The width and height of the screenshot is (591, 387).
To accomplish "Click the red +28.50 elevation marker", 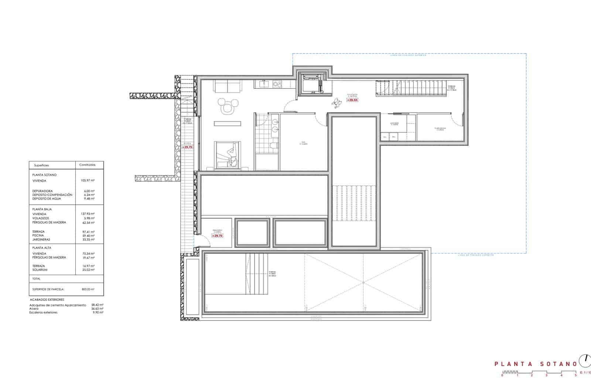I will [x=352, y=100].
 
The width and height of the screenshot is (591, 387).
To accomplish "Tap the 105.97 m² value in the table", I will [x=88, y=181].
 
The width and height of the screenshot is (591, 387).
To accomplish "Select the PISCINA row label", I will [x=38, y=235].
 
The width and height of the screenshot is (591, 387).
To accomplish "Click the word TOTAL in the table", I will [x=37, y=279].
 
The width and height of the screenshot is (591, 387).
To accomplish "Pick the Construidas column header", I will [x=87, y=165].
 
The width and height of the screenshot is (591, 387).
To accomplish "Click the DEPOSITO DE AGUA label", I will [x=47, y=198].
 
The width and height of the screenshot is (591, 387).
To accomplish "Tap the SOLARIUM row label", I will [x=40, y=270].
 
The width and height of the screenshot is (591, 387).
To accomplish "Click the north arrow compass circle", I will [x=585, y=359].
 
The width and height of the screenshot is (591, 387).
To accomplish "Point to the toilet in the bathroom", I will [x=273, y=146].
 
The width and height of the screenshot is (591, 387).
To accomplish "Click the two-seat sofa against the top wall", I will [x=227, y=87].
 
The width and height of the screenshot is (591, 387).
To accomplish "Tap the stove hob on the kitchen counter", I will [x=277, y=84].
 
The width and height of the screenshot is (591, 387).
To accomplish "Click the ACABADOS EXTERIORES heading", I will [x=47, y=300].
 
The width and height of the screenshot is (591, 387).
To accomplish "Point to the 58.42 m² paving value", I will [x=97, y=305].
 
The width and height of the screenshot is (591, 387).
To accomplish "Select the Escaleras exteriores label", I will [x=43, y=312].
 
